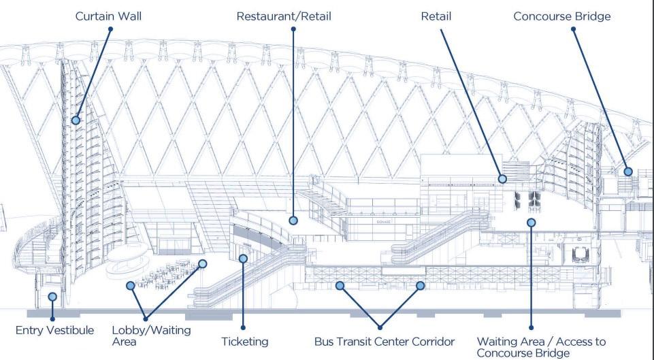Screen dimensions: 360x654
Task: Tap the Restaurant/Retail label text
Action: point(284,16)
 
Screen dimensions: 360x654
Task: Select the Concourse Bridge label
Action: point(562,16)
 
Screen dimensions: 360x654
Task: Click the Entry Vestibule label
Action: point(54,331)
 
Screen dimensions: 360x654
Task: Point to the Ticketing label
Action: point(245,341)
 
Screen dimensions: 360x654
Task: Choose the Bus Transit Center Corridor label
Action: point(385,341)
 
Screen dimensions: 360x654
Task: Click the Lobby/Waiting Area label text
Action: point(151,336)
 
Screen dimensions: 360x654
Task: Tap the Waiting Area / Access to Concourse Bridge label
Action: point(541,347)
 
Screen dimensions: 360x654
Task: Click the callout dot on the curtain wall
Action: point(76,120)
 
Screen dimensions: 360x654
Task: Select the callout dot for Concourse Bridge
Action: point(628,172)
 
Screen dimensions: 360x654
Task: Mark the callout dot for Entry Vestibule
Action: point(52,297)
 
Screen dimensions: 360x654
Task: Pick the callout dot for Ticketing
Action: point(242,258)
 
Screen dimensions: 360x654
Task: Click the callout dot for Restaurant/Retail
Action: point(293,220)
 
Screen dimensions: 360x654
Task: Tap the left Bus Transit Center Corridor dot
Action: point(340,286)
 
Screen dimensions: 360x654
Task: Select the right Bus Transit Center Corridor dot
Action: point(421,286)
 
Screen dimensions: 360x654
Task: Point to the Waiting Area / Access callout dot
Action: point(531,222)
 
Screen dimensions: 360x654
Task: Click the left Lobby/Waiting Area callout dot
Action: point(131,286)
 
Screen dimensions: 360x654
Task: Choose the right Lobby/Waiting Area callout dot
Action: point(203,263)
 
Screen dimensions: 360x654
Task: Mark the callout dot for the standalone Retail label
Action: point(502,179)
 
